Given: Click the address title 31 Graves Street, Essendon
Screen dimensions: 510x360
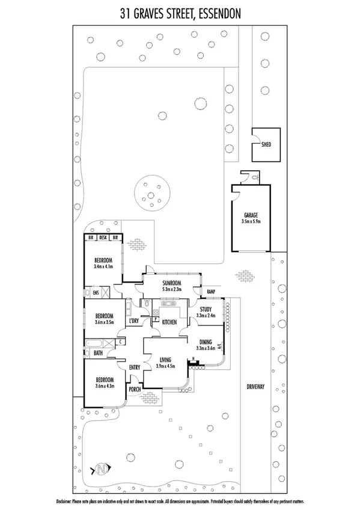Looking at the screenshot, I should click(180, 13).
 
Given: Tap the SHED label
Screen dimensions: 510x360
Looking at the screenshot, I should click(266, 144).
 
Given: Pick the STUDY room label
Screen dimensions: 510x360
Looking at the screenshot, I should click(206, 310).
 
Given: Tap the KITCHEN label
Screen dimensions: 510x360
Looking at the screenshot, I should click(169, 323).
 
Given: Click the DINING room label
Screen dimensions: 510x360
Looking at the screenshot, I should click(206, 341).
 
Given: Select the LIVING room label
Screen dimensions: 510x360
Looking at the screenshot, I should click(165, 360).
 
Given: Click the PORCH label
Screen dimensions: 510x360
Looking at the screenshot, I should click(135, 389).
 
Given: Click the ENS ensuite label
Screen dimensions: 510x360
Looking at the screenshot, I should click(96, 293).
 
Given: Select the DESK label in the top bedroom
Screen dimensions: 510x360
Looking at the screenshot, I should click(103, 238).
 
